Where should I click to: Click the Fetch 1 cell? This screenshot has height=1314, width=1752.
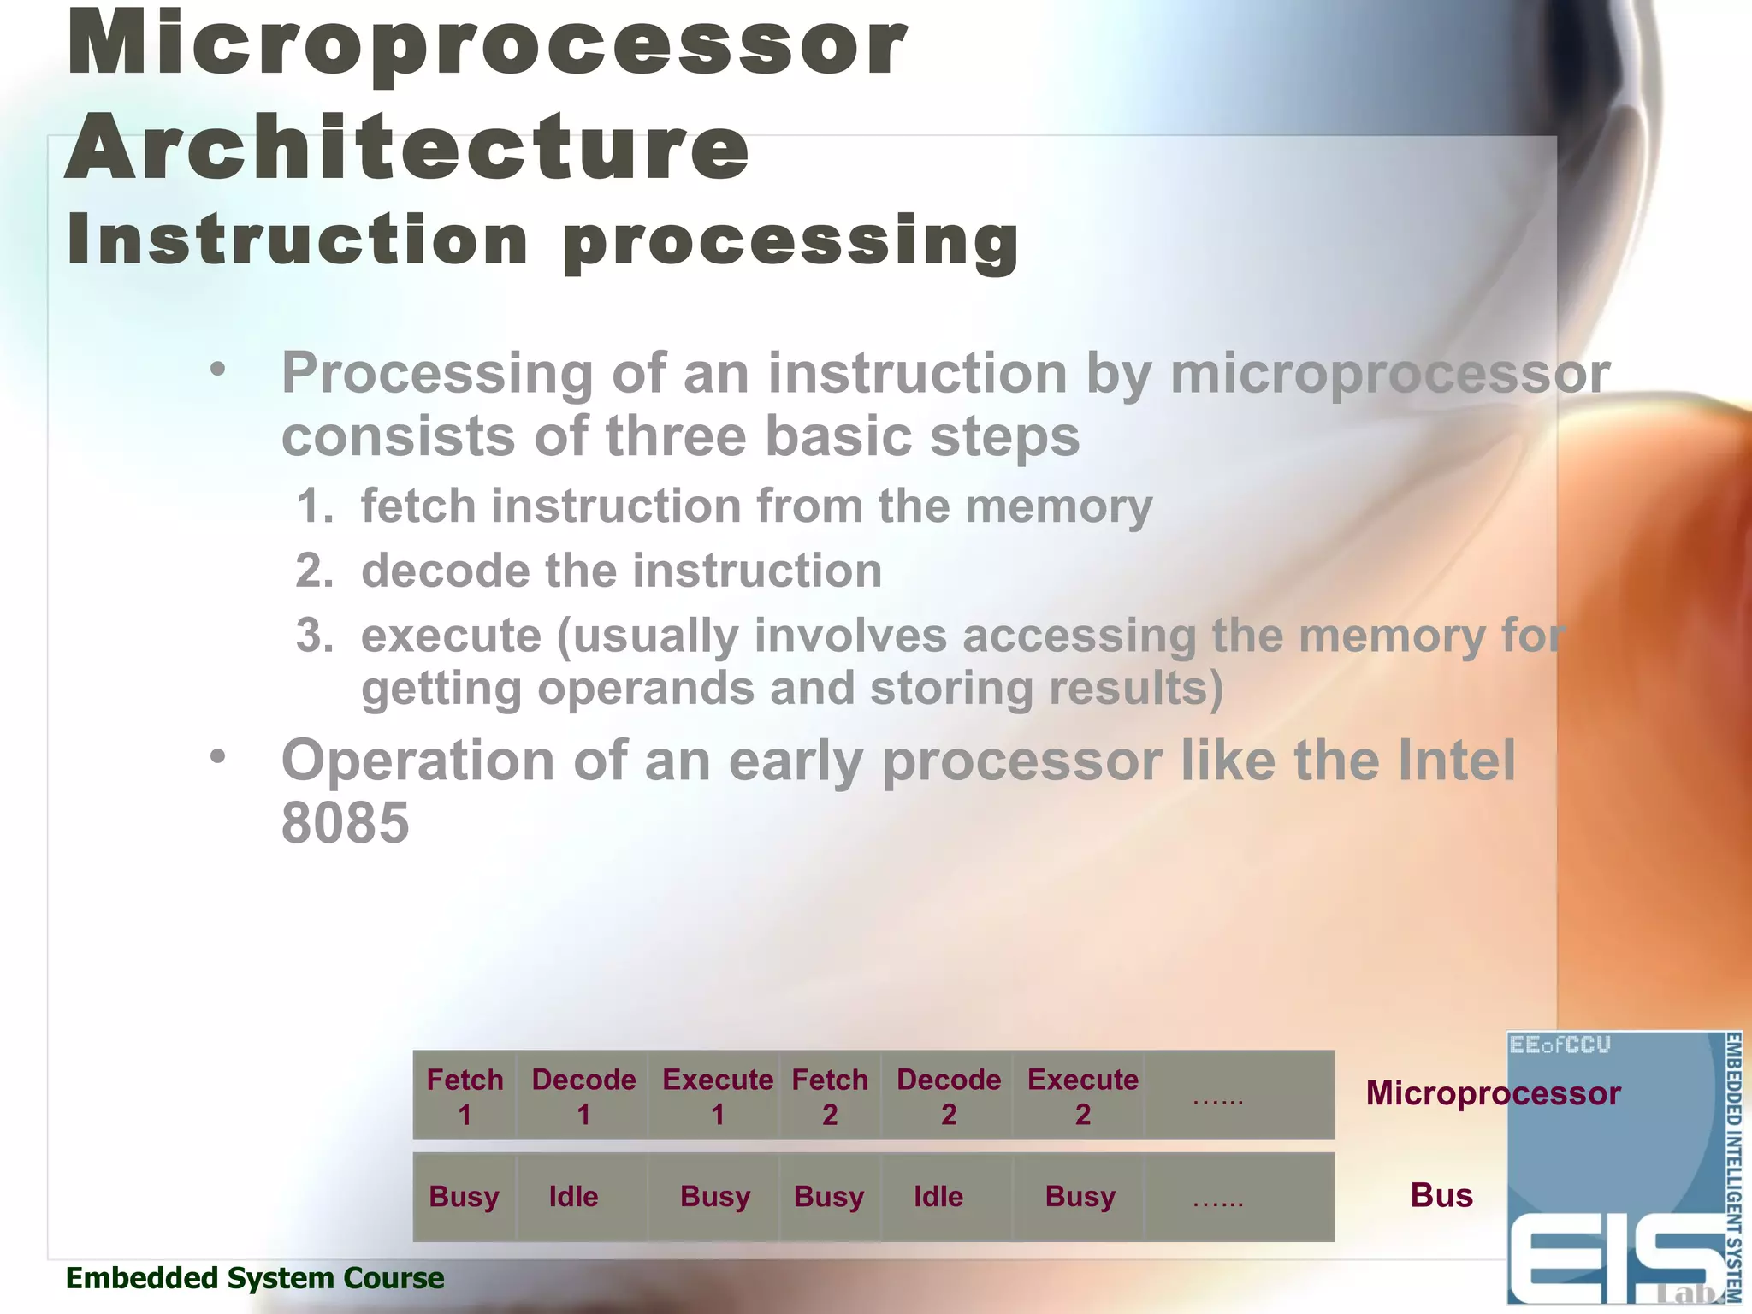point(465,1096)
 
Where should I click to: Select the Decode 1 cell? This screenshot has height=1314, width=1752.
point(583,1096)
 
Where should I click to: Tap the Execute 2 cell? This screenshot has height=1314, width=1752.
point(1082,1096)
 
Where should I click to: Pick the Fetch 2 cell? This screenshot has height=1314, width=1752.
point(829,1096)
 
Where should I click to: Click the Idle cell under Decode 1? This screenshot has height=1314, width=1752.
point(574,1196)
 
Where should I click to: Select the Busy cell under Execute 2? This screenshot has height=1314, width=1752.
point(1080,1196)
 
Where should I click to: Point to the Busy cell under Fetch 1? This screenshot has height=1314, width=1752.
point(464,1196)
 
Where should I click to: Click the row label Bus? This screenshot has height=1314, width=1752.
point(1441,1195)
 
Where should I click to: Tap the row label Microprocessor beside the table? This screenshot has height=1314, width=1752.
point(1492,1093)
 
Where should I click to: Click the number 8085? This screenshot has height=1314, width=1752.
point(345,823)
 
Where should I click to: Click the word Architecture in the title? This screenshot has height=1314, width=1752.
point(407,147)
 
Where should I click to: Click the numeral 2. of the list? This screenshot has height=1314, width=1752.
point(314,571)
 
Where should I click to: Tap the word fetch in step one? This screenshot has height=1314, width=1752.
point(417,506)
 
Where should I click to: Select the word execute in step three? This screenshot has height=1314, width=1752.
point(451,636)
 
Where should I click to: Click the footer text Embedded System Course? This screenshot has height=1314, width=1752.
point(255,1278)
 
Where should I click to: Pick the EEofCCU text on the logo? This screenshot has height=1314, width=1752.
point(1560,1045)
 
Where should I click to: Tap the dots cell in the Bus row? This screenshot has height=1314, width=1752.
point(1217,1198)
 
